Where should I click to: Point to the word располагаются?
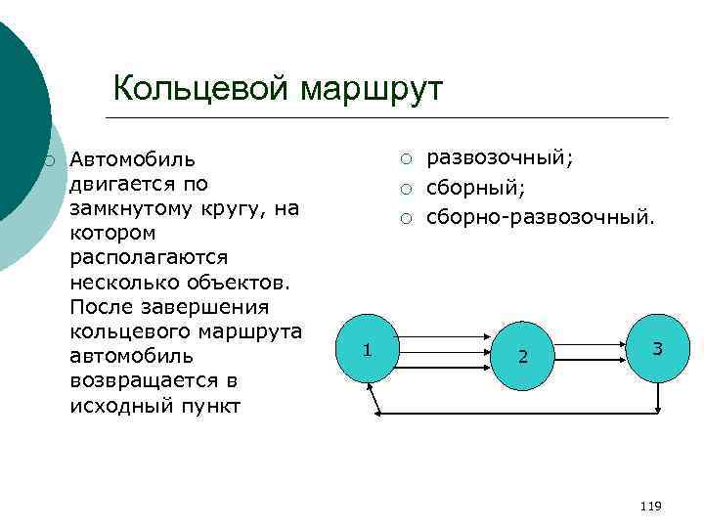(149, 257)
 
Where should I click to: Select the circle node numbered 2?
(523, 353)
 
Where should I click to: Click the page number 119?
(649, 506)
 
